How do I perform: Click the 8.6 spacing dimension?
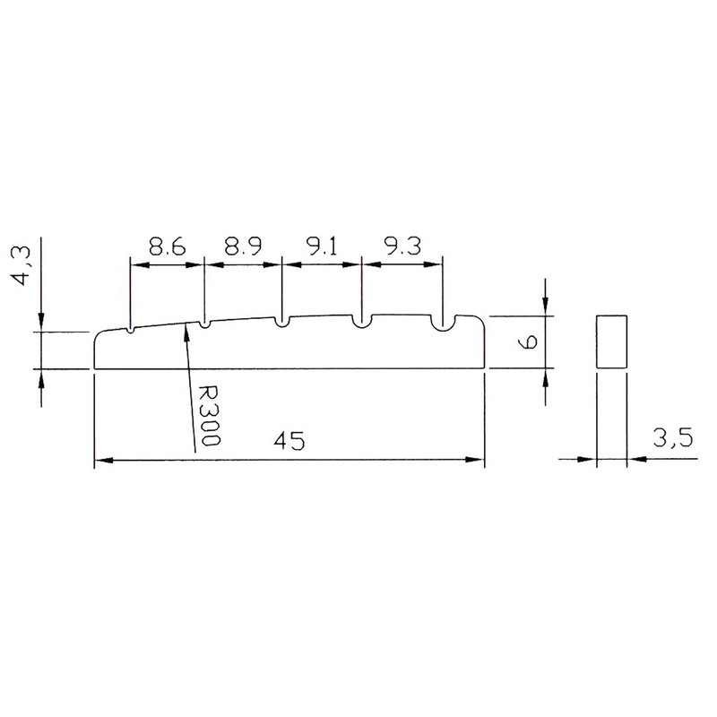[168, 246]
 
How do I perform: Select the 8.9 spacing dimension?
[243, 246]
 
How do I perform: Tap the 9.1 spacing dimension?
[321, 246]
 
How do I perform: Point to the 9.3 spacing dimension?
[402, 246]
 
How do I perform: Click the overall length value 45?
[289, 440]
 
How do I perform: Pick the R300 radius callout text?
[210, 415]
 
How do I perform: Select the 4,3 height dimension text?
[22, 265]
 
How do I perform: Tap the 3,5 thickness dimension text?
[672, 438]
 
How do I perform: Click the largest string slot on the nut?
[443, 324]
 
